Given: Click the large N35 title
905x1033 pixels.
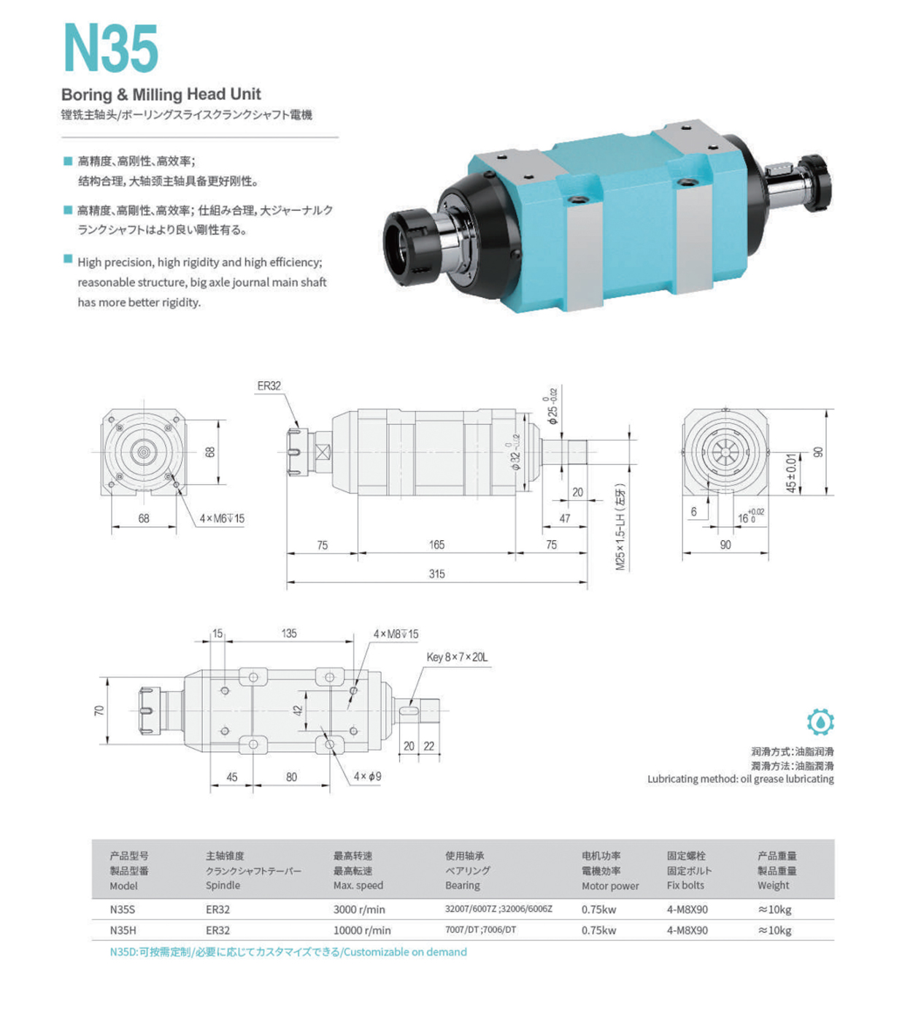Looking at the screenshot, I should (111, 48).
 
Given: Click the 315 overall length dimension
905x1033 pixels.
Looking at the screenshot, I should (436, 574).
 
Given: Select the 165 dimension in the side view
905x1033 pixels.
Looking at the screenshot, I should (436, 545).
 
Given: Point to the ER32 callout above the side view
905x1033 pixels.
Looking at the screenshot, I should (269, 386).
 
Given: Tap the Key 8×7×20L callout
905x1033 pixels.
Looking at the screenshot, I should (457, 657).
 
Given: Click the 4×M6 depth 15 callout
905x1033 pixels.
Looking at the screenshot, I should (222, 518).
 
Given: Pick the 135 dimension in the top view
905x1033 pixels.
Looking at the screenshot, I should (289, 633).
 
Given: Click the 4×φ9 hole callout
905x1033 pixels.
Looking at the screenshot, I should (367, 776).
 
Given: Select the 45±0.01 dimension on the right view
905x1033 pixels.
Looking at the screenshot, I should (791, 473).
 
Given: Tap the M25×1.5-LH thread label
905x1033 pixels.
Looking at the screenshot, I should (620, 526).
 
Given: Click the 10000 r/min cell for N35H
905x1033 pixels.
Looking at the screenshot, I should (362, 930).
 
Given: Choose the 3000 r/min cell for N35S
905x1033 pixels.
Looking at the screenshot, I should (359, 910).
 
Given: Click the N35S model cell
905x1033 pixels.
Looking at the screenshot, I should (123, 910).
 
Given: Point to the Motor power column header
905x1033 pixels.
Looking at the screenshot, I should (609, 886).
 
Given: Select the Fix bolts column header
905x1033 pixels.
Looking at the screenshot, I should (685, 885).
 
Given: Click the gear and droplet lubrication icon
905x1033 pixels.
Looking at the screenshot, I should (820, 722).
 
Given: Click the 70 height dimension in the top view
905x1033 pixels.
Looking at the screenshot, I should (99, 710).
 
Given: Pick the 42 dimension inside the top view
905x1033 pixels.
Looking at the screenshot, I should (298, 710).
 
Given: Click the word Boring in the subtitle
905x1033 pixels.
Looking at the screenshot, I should (86, 94).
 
